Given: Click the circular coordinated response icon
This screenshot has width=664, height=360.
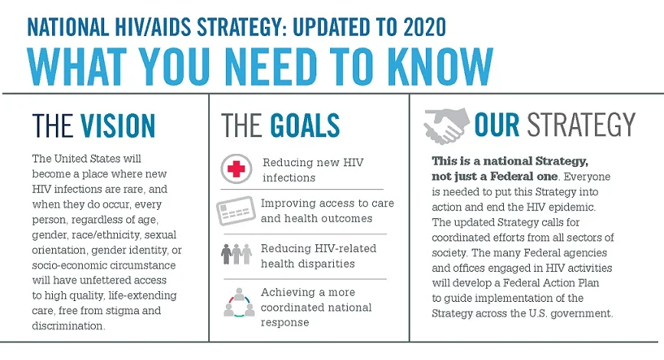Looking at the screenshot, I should (237, 302).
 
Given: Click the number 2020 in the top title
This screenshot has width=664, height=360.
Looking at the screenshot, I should (414, 28).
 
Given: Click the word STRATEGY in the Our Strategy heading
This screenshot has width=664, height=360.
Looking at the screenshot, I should (588, 126).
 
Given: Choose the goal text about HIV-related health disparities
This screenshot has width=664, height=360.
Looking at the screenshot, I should (307, 257).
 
